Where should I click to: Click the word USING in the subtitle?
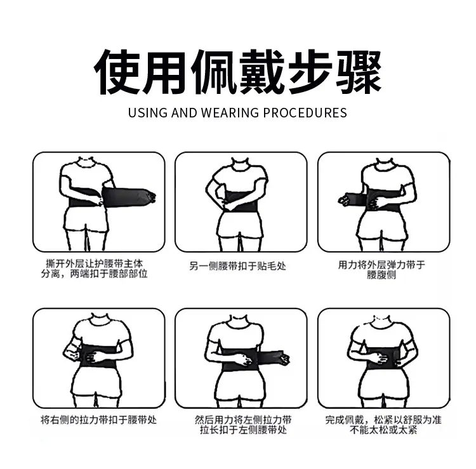click(147, 112)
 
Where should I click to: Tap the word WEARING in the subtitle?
click(230, 112)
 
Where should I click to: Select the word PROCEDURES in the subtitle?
click(305, 112)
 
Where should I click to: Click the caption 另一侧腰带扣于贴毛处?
click(238, 266)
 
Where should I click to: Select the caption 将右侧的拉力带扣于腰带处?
click(98, 420)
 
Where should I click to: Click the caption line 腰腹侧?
click(381, 275)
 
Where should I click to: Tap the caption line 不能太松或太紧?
click(383, 430)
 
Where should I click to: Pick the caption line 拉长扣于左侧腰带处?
click(243, 430)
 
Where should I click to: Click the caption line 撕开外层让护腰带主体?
click(94, 263)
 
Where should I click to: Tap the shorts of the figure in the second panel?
click(240, 225)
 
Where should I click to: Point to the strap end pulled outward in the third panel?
click(349, 198)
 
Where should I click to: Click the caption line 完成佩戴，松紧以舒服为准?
click(383, 420)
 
